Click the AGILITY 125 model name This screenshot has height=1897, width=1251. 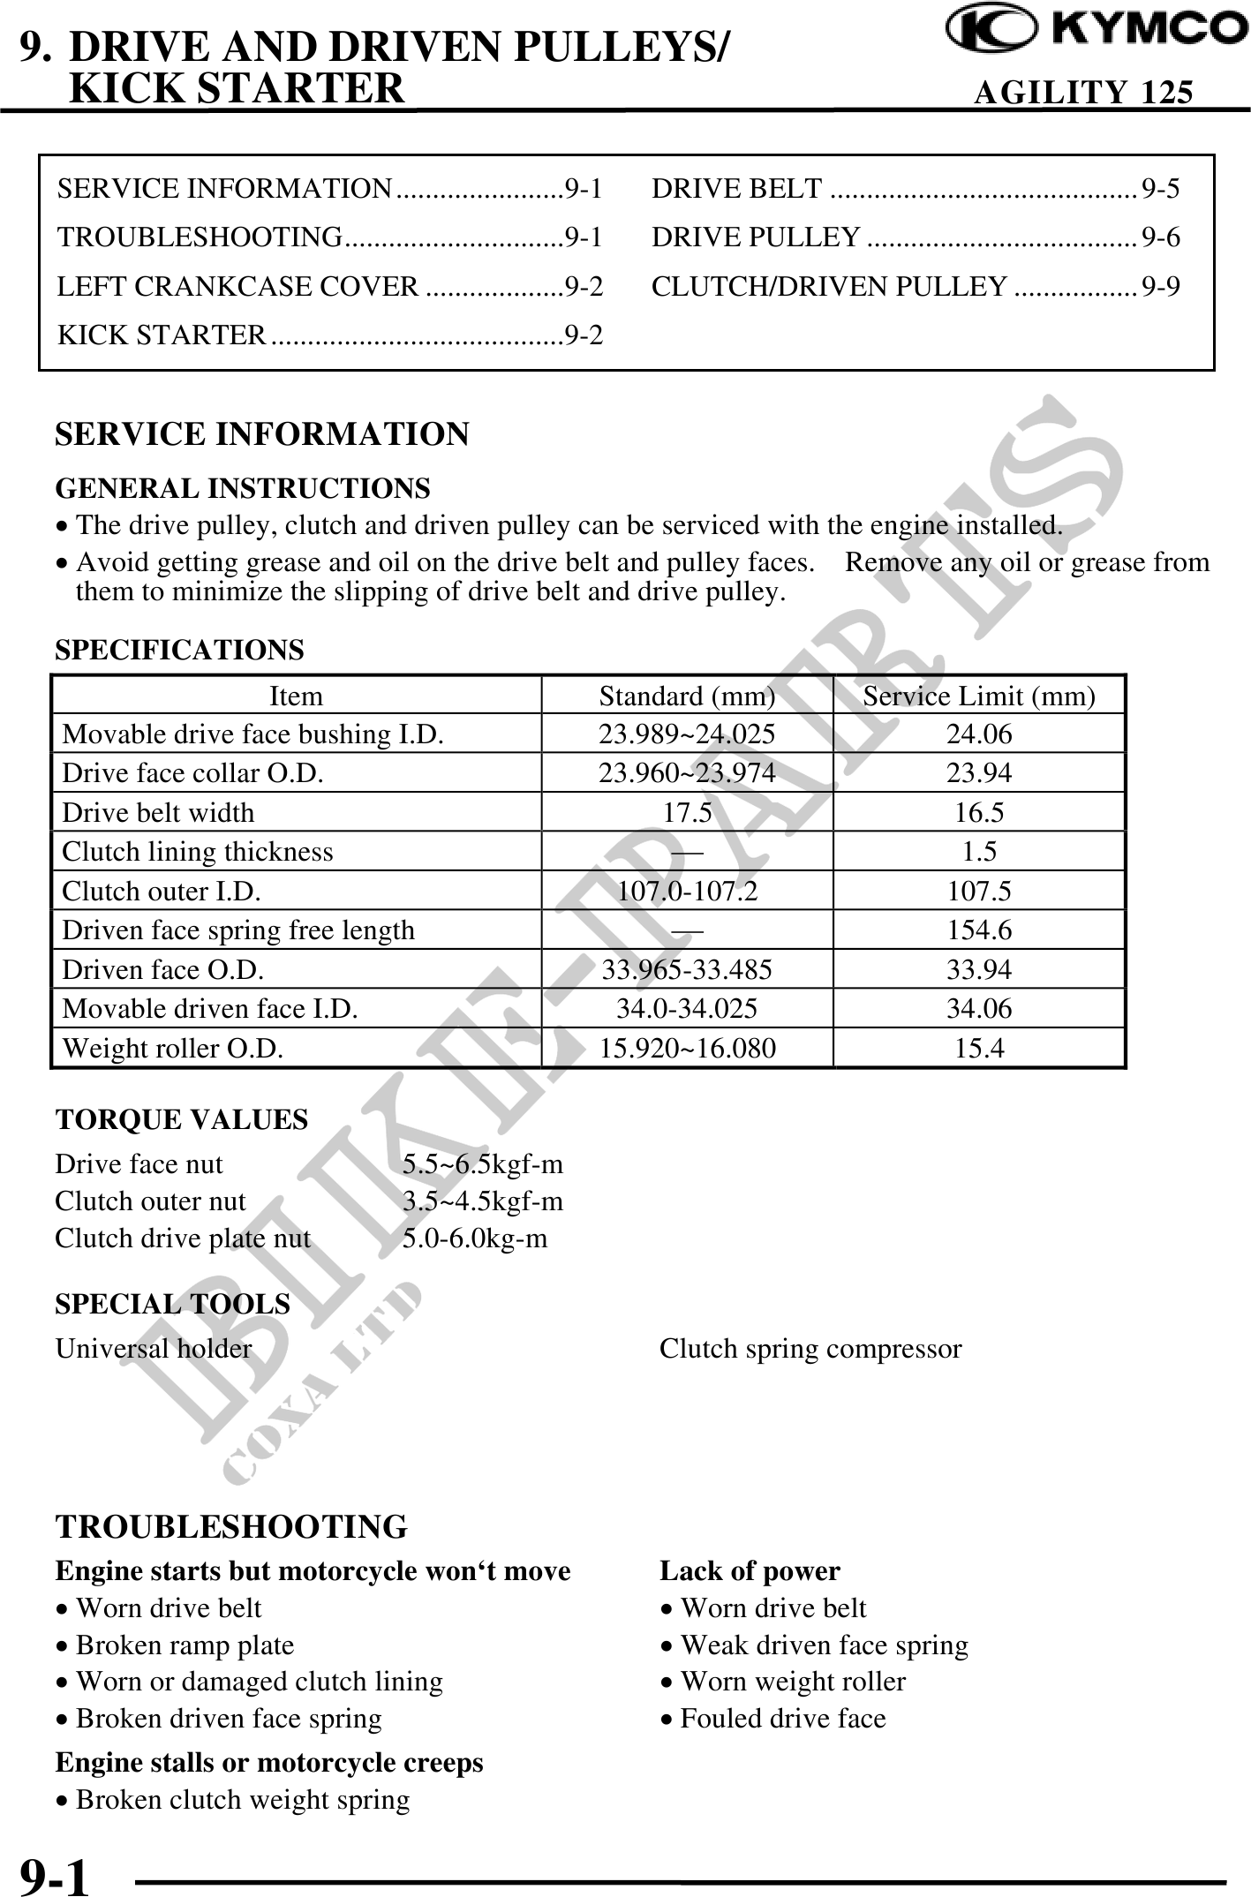tap(1083, 93)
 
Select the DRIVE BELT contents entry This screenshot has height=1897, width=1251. tap(915, 188)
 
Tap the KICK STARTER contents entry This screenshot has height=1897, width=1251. tap(330, 335)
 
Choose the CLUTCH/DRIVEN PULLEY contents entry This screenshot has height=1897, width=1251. tap(915, 286)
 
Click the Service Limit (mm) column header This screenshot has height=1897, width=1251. tap(978, 696)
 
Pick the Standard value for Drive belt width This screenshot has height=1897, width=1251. tap(687, 812)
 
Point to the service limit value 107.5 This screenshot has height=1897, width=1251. tap(979, 891)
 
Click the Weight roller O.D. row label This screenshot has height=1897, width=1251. tap(173, 1048)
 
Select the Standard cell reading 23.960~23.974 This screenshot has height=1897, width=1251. tap(687, 773)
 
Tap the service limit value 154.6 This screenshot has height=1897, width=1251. tap(979, 930)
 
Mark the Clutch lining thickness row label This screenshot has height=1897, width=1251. tap(198, 852)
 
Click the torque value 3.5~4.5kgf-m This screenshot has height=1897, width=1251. tap(483, 1201)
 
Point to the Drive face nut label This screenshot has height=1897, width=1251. tap(139, 1164)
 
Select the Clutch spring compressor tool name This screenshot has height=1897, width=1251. tap(810, 1349)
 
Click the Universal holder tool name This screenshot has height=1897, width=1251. tap(154, 1349)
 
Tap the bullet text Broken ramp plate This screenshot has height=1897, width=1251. tap(185, 1645)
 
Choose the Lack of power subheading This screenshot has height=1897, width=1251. tap(750, 1571)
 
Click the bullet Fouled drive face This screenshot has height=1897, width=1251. tap(782, 1719)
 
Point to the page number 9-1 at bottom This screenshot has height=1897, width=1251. tap(55, 1874)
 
